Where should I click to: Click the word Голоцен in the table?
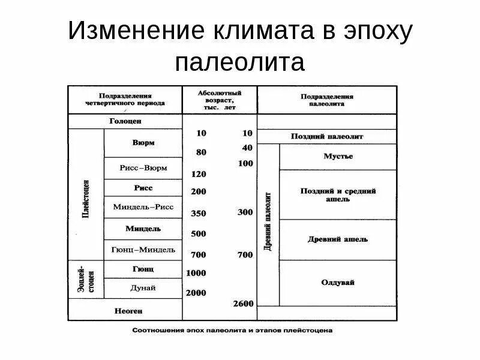pyautogui.click(x=125, y=121)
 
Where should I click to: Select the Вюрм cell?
pyautogui.click(x=143, y=143)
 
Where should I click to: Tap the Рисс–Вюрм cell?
pyautogui.click(x=143, y=168)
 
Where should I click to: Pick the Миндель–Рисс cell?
pyautogui.click(x=143, y=206)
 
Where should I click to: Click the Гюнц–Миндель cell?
pyautogui.click(x=143, y=249)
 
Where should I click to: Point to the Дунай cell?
pyautogui.click(x=143, y=288)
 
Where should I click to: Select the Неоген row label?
pyautogui.click(x=125, y=310)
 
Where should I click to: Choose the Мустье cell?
pyautogui.click(x=338, y=157)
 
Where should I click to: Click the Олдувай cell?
pyautogui.click(x=338, y=282)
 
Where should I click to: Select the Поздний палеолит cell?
pyautogui.click(x=327, y=136)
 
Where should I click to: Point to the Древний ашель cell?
pyautogui.click(x=338, y=239)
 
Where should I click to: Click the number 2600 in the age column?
pyautogui.click(x=244, y=304)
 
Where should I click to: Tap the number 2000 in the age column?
pyautogui.click(x=196, y=293)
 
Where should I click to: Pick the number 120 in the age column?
pyautogui.click(x=199, y=175)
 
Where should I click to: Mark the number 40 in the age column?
pyautogui.click(x=247, y=148)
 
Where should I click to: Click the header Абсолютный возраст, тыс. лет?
pyautogui.click(x=220, y=100)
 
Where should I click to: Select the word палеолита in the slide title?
pyautogui.click(x=240, y=61)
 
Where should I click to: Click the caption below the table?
pyautogui.click(x=232, y=331)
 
